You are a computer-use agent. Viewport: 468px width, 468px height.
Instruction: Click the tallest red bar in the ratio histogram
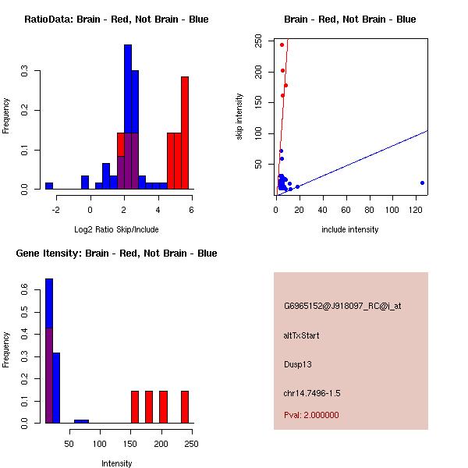coord(185,133)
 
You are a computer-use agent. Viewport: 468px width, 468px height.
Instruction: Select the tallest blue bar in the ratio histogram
coord(128,117)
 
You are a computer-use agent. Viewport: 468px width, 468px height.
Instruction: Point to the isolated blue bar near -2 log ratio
coord(49,186)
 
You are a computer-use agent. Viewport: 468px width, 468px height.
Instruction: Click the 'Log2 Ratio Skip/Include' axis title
coord(116,229)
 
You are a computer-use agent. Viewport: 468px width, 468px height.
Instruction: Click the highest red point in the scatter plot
coord(282,44)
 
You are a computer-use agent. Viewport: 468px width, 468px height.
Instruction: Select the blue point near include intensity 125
coord(422,183)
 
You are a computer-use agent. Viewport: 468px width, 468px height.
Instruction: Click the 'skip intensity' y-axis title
coord(240,117)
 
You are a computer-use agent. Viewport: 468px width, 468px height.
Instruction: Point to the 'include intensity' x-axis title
coord(350,229)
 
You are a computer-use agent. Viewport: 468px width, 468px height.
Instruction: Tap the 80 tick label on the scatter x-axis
coord(369,209)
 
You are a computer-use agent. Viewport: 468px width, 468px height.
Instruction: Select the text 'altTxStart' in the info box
coord(302,335)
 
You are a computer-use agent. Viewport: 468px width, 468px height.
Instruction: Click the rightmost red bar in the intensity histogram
coord(185,406)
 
